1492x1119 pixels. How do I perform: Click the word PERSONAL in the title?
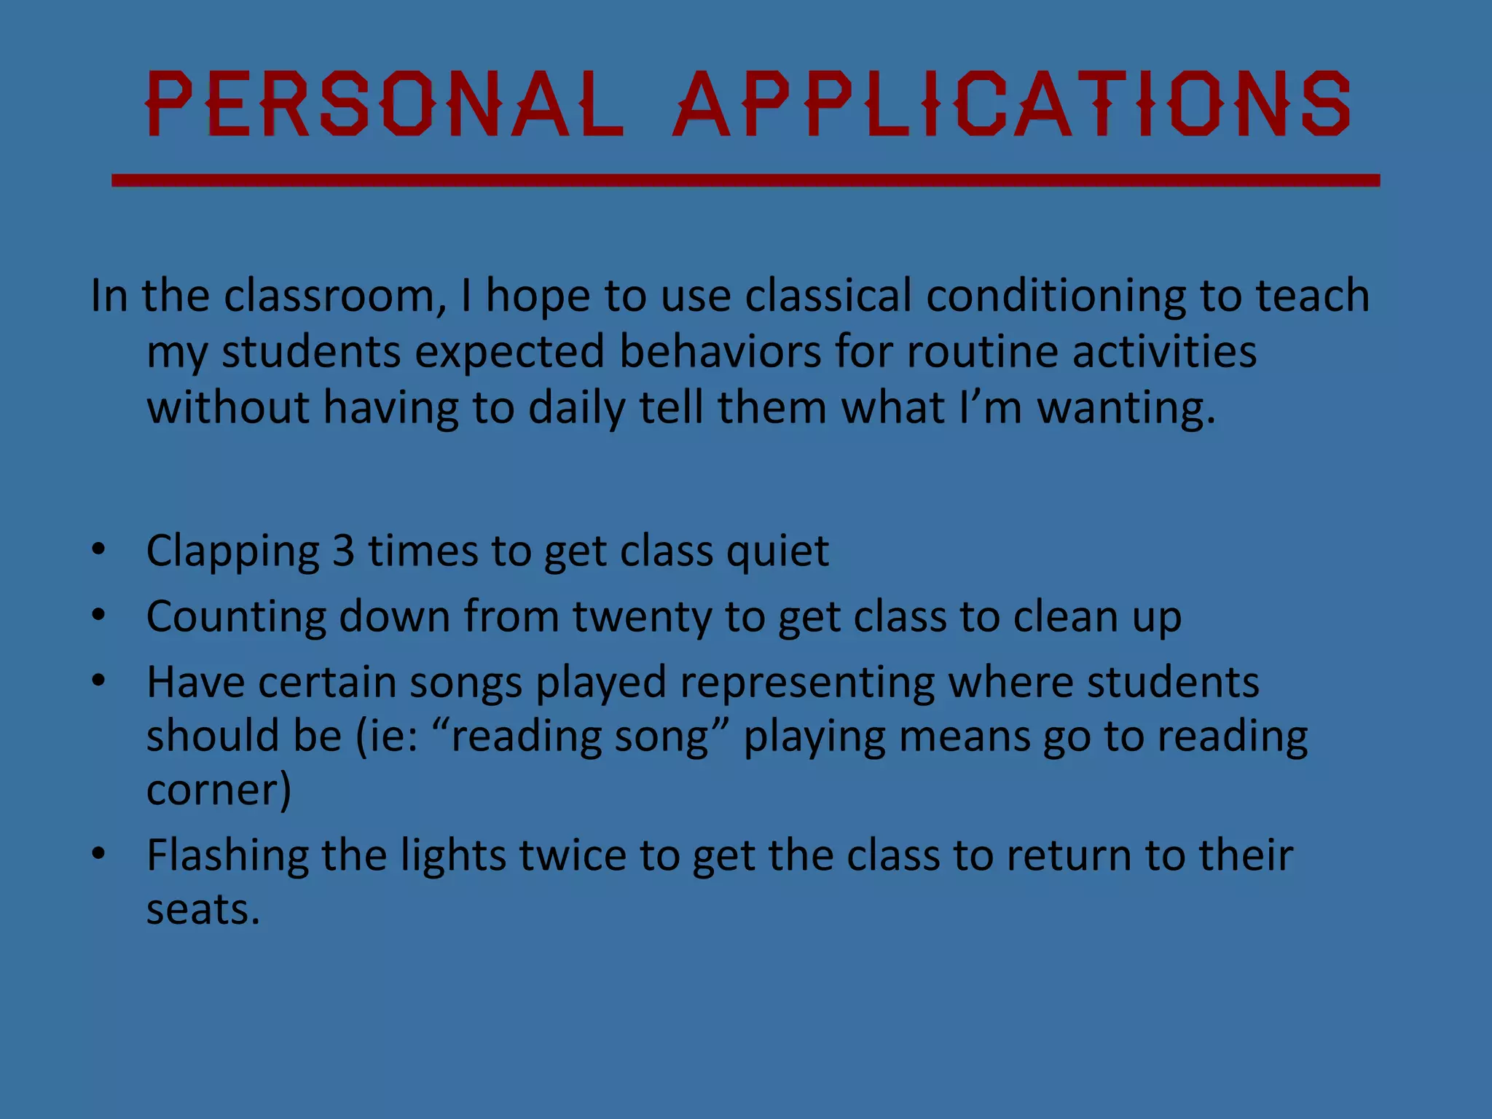coord(384,104)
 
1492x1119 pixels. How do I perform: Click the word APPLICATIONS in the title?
coord(1011,104)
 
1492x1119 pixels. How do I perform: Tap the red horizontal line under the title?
coord(745,180)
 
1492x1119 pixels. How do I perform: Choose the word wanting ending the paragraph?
coord(1126,407)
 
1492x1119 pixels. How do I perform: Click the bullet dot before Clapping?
coord(98,549)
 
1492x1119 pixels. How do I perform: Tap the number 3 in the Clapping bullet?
coord(343,550)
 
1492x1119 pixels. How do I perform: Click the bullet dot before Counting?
coord(98,615)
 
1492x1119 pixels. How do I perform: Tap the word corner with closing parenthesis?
coord(219,790)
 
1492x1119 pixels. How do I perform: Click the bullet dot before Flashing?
coord(98,853)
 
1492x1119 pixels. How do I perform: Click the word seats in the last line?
coord(203,910)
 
